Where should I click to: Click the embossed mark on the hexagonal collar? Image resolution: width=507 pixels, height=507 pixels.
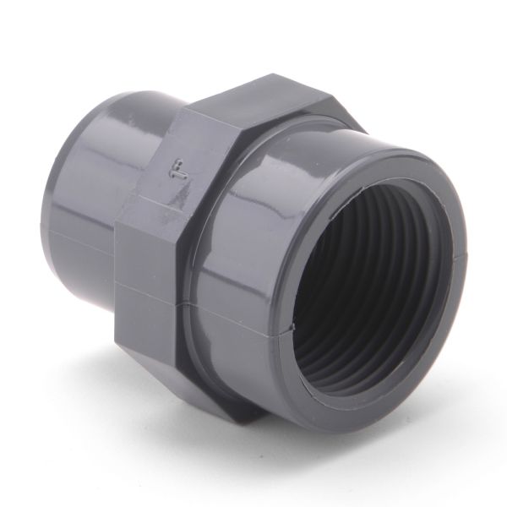[x=175, y=167]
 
